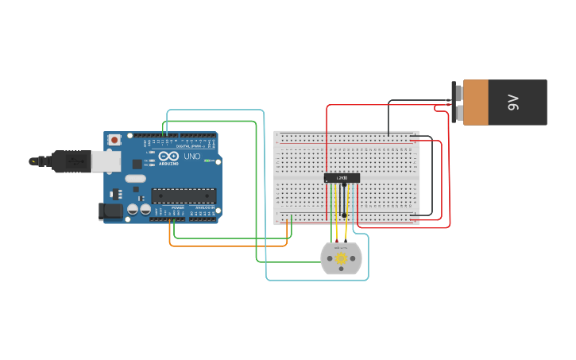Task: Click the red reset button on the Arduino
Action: (x=114, y=140)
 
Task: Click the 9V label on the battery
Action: (x=513, y=102)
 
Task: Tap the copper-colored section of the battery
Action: (x=476, y=102)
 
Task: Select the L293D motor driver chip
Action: (x=342, y=178)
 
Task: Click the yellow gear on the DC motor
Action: (x=341, y=258)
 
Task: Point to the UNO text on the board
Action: (x=191, y=157)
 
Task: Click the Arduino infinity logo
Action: (x=169, y=155)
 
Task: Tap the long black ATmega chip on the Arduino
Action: (x=184, y=195)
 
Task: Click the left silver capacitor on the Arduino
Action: (x=133, y=209)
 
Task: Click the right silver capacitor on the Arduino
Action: (x=145, y=209)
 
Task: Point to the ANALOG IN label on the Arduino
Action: (x=203, y=207)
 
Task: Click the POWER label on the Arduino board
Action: (x=177, y=207)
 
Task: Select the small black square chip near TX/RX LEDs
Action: (x=136, y=164)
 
